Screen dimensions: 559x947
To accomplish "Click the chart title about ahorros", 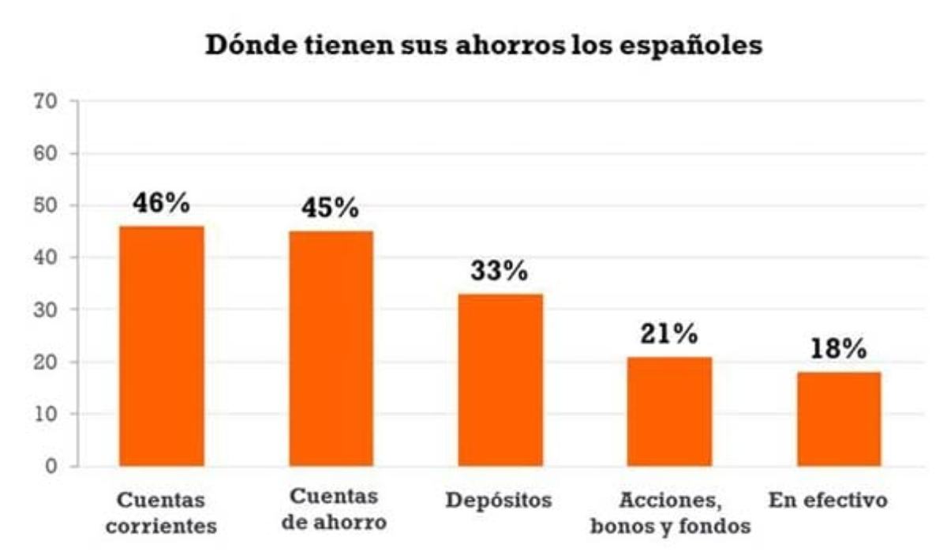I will pyautogui.click(x=484, y=45).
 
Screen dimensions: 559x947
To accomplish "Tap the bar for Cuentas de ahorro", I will pyautogui.click(x=331, y=348).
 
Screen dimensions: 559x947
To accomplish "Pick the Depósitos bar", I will pyautogui.click(x=500, y=380).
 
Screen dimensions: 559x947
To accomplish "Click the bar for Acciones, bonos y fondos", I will pyautogui.click(x=669, y=411).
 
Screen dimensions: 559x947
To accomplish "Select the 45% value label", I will pyautogui.click(x=330, y=208).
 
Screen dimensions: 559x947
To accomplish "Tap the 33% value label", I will pyautogui.click(x=500, y=271).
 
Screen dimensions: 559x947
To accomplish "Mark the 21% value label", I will pyautogui.click(x=668, y=334).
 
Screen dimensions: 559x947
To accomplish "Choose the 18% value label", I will pyautogui.click(x=838, y=349).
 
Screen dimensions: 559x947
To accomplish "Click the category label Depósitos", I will pyautogui.click(x=499, y=501).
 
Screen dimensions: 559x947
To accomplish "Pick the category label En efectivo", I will pyautogui.click(x=828, y=501).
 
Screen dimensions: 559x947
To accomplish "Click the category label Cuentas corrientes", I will pyautogui.click(x=161, y=512).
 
